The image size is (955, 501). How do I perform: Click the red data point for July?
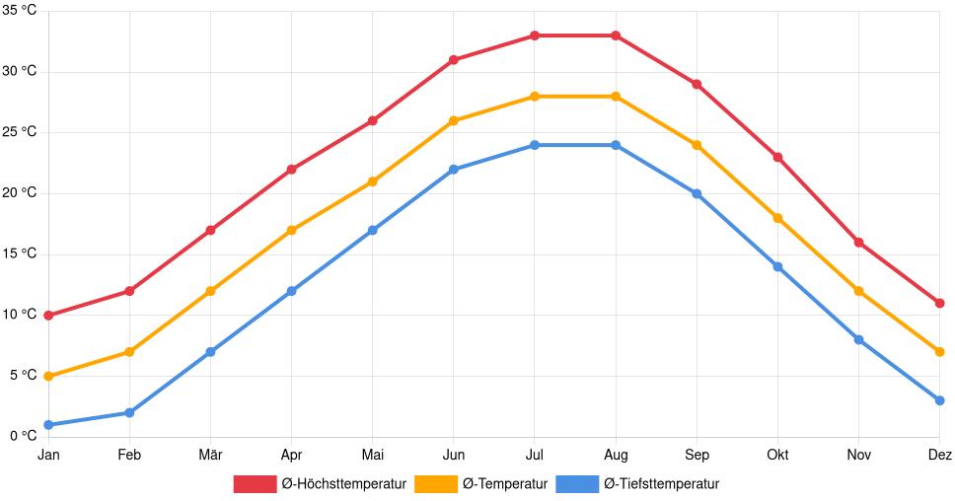[x=535, y=36]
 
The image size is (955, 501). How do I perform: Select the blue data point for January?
[x=48, y=425]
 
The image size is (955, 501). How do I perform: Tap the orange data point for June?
[x=454, y=121]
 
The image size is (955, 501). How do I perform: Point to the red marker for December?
[x=939, y=304]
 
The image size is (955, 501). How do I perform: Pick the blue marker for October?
[x=777, y=267]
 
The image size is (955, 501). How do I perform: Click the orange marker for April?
[x=291, y=231]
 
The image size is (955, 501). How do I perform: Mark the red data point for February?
[x=129, y=291]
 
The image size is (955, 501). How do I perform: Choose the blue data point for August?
[x=616, y=145]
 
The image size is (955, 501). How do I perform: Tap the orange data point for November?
[x=858, y=291]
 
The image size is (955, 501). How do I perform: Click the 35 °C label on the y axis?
[x=20, y=11]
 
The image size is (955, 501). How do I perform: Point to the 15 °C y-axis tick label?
[x=20, y=254]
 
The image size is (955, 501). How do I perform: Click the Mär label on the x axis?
[x=210, y=455]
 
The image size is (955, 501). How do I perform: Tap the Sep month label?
[x=697, y=455]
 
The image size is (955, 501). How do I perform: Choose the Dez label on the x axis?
[x=939, y=455]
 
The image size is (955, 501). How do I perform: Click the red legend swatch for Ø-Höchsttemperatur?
[x=255, y=484]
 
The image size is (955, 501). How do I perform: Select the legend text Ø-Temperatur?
[x=504, y=484]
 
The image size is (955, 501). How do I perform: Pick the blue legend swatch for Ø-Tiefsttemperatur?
[x=576, y=484]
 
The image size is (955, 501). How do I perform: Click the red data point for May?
[x=373, y=121]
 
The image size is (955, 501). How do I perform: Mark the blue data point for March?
[x=210, y=352]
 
